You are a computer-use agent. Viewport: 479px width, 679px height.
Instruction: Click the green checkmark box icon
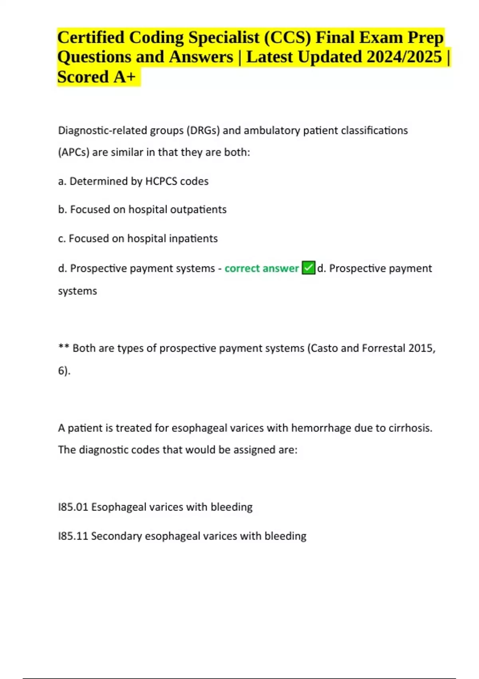pyautogui.click(x=309, y=268)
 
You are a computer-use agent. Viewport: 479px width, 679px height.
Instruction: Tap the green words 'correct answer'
pyautogui.click(x=261, y=268)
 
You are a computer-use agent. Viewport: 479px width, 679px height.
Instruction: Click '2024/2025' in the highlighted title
pyautogui.click(x=404, y=57)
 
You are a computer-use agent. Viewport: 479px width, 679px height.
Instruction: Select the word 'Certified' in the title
pyautogui.click(x=91, y=38)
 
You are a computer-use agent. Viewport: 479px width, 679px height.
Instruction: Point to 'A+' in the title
pyautogui.click(x=125, y=77)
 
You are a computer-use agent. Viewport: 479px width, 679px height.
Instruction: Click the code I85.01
pyautogui.click(x=73, y=507)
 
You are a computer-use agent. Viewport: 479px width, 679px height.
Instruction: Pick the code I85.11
pyautogui.click(x=73, y=536)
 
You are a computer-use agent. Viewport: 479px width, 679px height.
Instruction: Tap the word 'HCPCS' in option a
pyautogui.click(x=161, y=181)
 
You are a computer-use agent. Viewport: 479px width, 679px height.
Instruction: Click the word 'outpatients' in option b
pyautogui.click(x=198, y=210)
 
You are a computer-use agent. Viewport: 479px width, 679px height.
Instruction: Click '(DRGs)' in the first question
pyautogui.click(x=203, y=131)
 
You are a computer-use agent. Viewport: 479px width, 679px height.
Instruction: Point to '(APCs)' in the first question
pyautogui.click(x=73, y=153)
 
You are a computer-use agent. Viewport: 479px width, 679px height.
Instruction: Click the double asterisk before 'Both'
pyautogui.click(x=63, y=347)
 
